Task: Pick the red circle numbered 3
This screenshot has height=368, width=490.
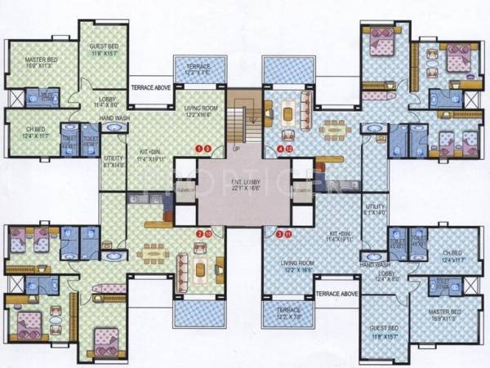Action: tap(280, 235)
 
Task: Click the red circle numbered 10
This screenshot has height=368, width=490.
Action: tap(207, 234)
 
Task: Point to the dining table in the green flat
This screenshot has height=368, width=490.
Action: tap(154, 253)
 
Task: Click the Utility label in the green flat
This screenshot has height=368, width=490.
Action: tap(113, 161)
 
